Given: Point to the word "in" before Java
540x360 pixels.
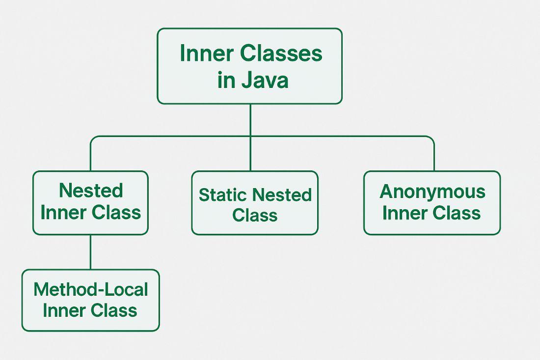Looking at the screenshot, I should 226,80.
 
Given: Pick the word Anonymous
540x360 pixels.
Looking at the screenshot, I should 432,192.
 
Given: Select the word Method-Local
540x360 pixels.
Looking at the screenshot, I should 90,290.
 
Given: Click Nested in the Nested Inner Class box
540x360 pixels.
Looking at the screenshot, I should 91,191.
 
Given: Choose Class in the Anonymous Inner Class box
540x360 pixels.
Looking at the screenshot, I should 457,213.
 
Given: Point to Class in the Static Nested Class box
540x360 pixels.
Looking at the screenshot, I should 255,215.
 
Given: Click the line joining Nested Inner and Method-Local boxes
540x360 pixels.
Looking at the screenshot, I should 90,252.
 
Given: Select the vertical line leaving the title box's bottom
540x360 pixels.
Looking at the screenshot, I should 250,120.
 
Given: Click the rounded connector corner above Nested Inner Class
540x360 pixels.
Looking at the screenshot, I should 93,139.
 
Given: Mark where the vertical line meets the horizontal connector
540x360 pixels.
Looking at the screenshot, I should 250,137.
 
